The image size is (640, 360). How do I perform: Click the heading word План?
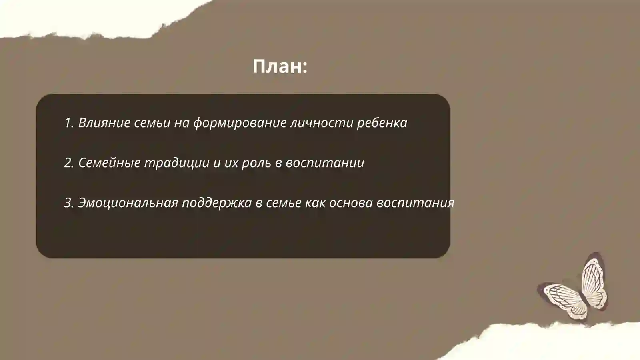(280, 66)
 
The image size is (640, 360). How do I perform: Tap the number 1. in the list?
(69, 123)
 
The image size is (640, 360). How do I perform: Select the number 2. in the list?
(69, 163)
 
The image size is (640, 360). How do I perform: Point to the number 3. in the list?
(69, 203)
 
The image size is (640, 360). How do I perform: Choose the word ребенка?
(382, 123)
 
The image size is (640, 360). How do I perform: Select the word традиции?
(176, 163)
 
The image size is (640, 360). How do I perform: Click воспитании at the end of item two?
(325, 163)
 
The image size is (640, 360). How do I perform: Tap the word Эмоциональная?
(128, 203)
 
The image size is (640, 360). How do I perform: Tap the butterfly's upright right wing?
(594, 280)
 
